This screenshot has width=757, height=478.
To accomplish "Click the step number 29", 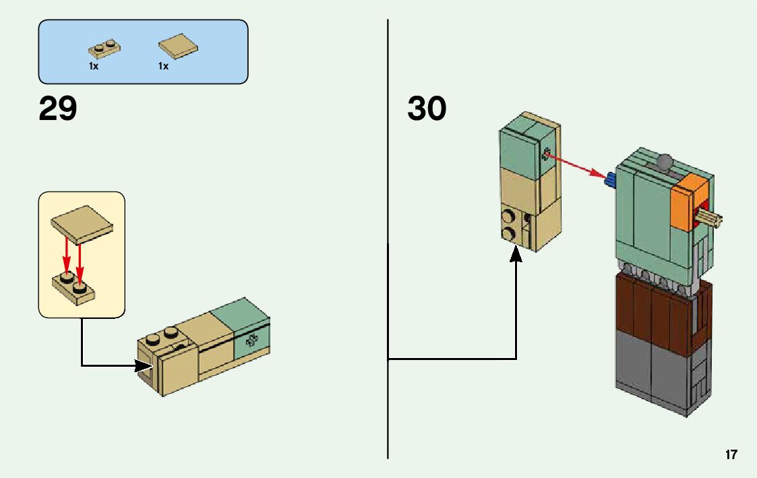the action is pyautogui.click(x=58, y=109).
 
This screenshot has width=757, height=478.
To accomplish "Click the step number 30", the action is pyautogui.click(x=427, y=109).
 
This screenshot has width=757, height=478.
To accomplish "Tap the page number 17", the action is pyautogui.click(x=731, y=455).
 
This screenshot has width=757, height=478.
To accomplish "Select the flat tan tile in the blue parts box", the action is pyautogui.click(x=179, y=46).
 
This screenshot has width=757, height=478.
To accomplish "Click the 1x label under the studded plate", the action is pyautogui.click(x=94, y=66).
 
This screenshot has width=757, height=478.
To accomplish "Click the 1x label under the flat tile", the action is pyautogui.click(x=163, y=66).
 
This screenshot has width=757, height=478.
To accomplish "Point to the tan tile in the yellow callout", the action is pyautogui.click(x=82, y=222).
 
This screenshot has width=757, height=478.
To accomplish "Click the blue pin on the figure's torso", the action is pyautogui.click(x=611, y=179).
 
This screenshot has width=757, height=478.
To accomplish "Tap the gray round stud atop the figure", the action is pyautogui.click(x=665, y=162).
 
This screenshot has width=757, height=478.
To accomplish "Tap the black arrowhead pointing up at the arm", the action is pyautogui.click(x=516, y=256).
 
